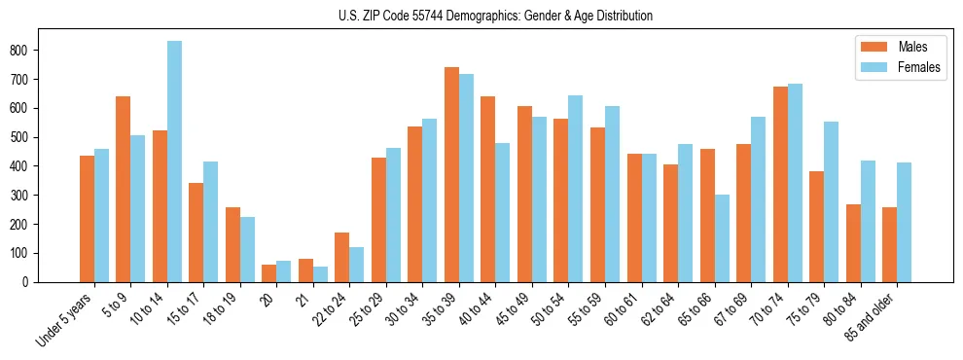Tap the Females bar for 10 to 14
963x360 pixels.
coord(174,162)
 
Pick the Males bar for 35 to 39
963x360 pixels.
coord(451,175)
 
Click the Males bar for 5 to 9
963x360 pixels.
coord(124,190)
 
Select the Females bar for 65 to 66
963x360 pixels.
coord(722,238)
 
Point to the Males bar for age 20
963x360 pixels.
coord(269,273)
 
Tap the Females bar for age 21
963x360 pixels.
coord(320,274)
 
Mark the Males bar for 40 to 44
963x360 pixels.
coord(488,190)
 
